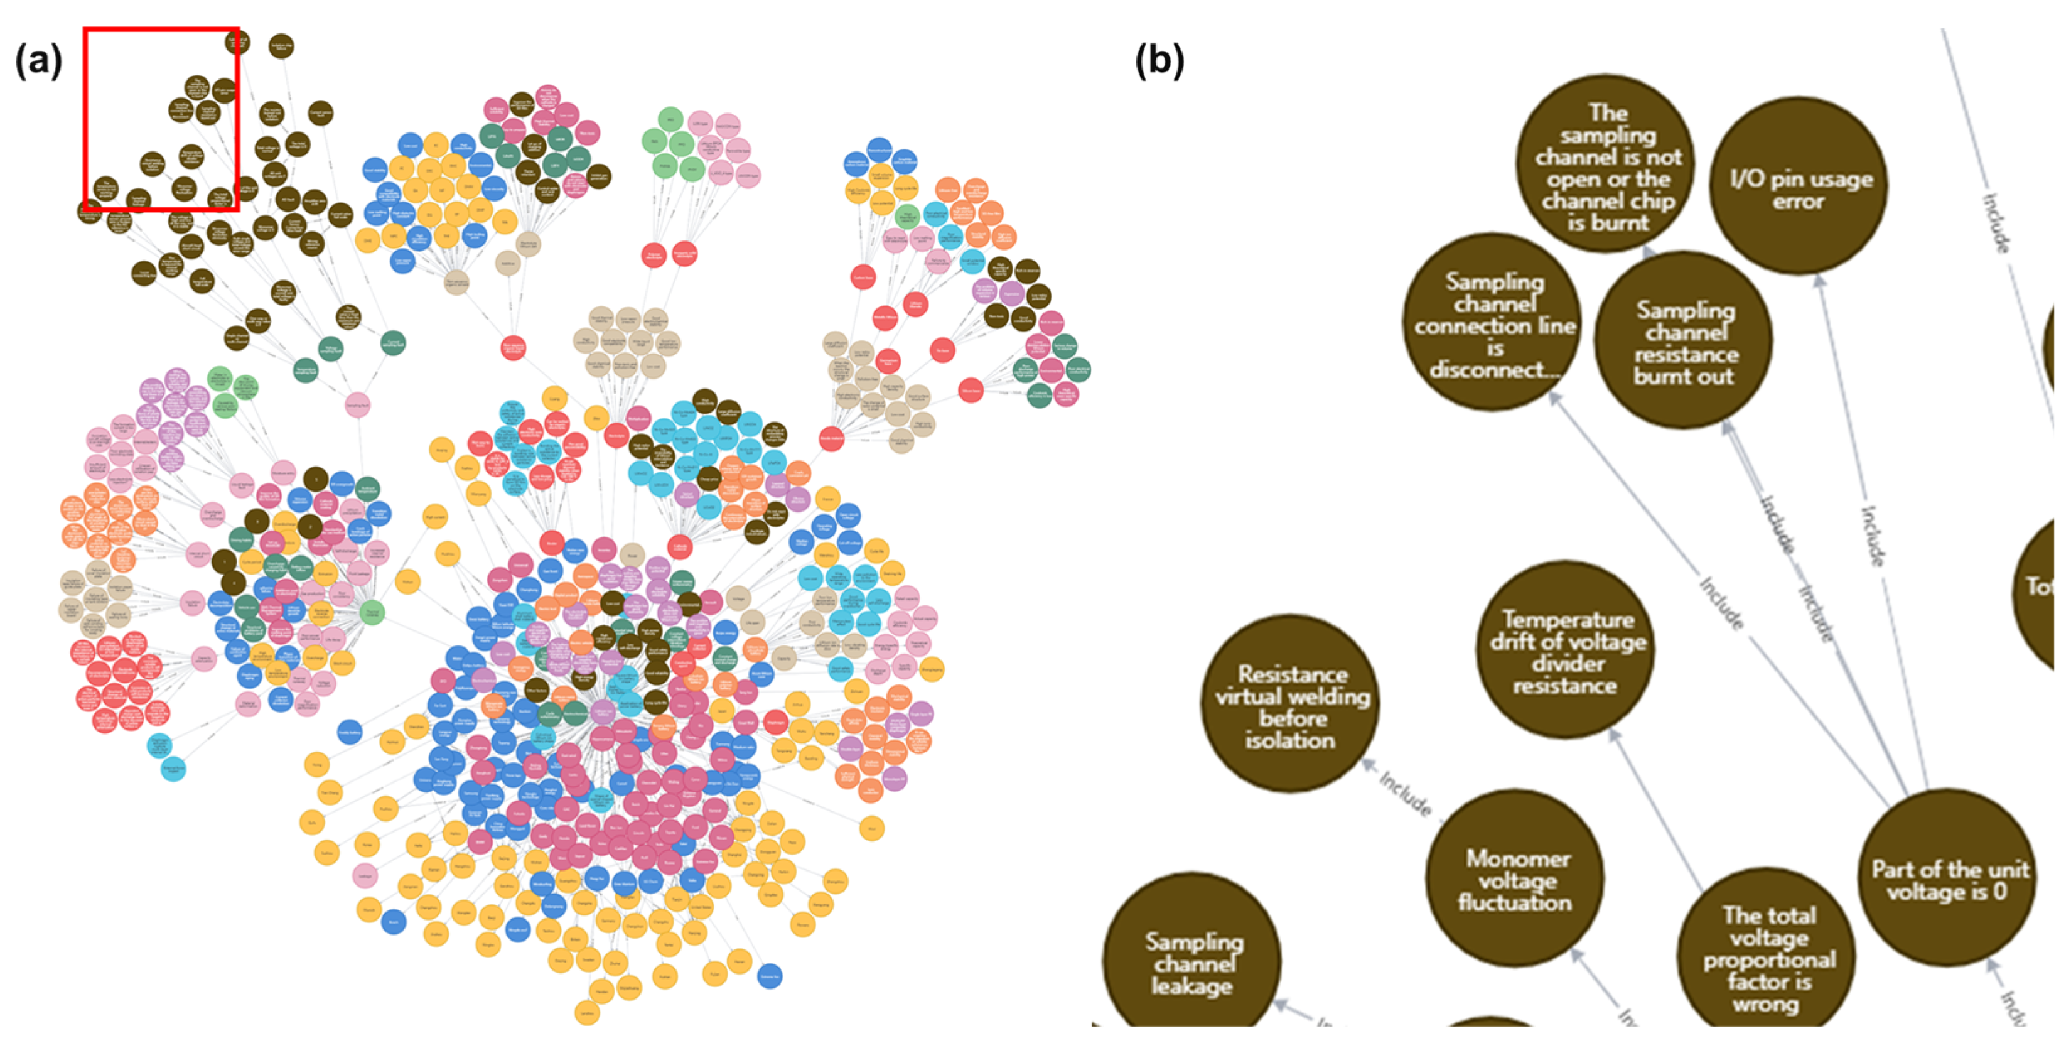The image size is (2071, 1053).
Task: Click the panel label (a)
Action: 38,60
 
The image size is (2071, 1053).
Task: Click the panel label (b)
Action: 1158,60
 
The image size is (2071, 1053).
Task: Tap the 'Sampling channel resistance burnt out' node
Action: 1684,340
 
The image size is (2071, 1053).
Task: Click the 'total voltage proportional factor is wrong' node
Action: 1767,958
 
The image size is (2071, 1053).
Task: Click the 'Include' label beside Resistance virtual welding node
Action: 1406,792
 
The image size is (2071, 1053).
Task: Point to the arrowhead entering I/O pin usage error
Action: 1819,281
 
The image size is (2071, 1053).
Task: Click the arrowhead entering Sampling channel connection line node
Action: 1554,397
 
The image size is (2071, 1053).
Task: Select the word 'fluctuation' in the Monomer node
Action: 1515,902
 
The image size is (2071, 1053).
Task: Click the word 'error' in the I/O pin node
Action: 1798,200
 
